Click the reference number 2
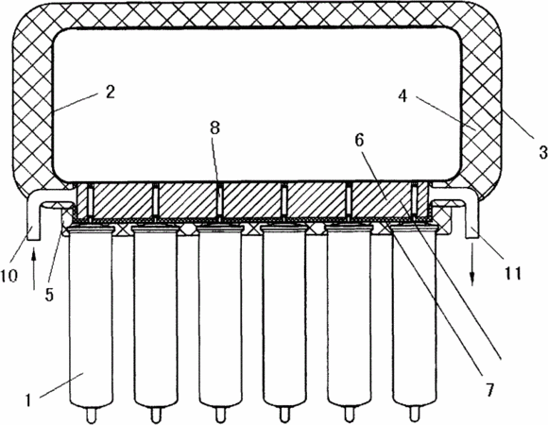(111, 93)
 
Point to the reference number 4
(402, 95)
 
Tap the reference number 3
(542, 153)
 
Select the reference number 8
(214, 127)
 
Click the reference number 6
(359, 140)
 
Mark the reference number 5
(49, 295)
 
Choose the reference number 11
(513, 273)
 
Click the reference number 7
(489, 390)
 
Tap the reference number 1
(28, 399)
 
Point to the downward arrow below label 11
(471, 264)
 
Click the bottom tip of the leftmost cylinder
(92, 420)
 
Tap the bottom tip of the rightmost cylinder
(415, 420)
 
